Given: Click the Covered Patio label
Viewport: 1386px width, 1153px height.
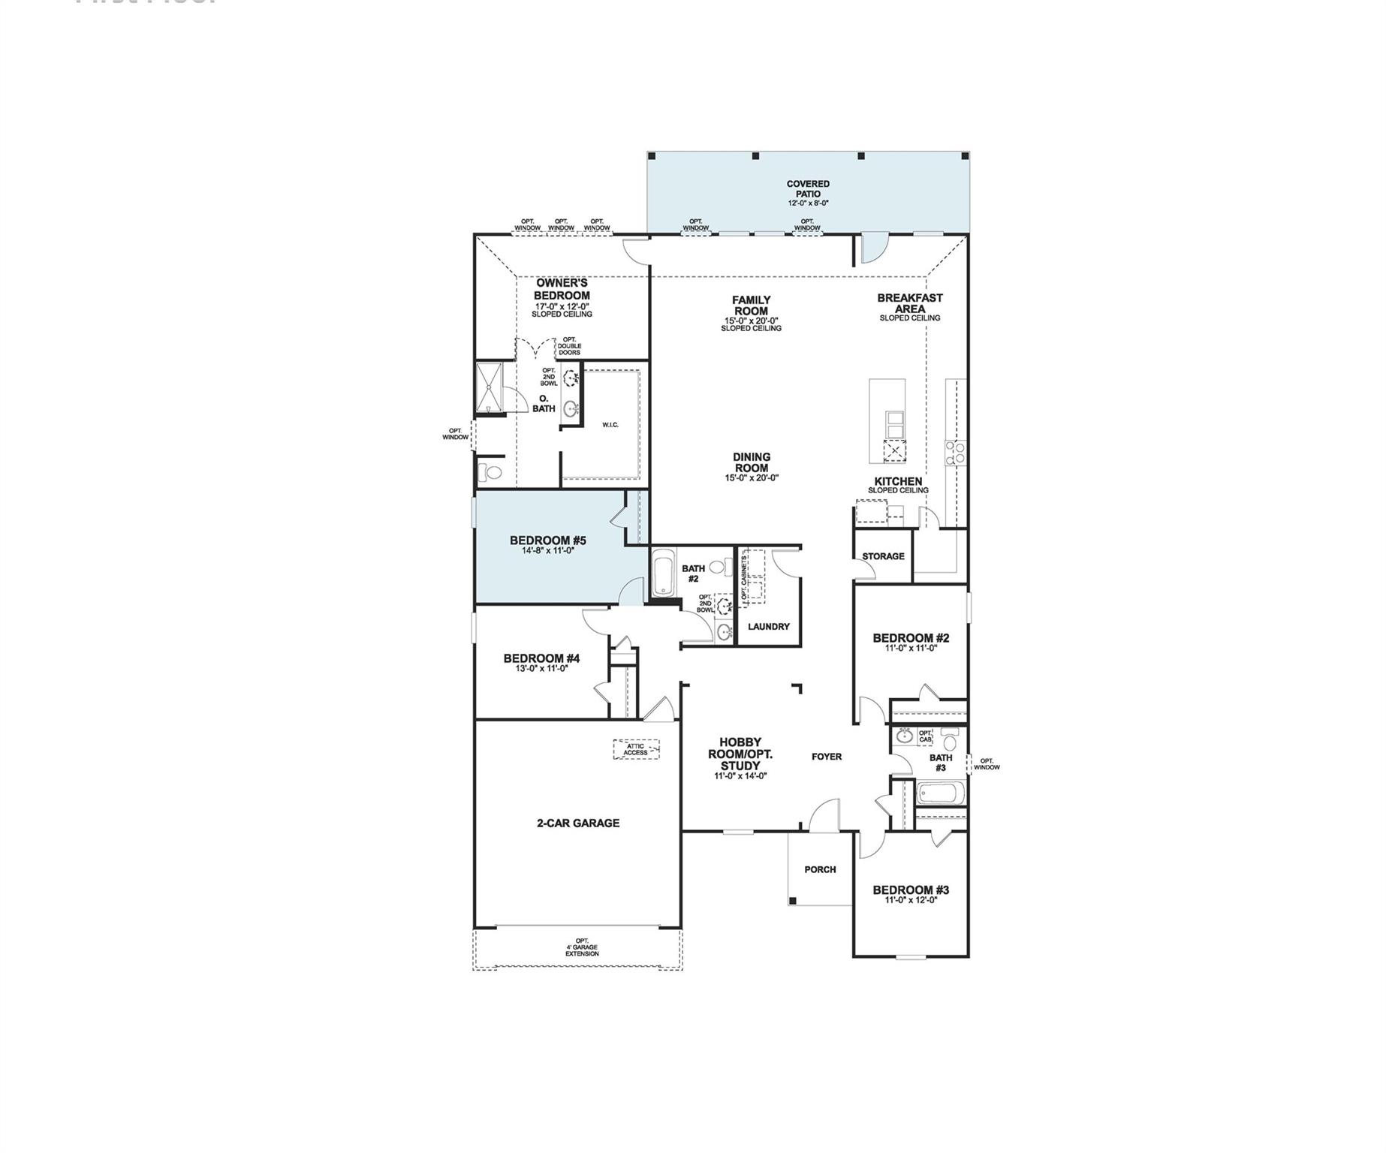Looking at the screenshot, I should (x=808, y=189).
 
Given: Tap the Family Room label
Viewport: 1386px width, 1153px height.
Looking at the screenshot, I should (x=751, y=306).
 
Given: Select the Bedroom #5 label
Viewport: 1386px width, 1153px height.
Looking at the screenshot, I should (x=547, y=540).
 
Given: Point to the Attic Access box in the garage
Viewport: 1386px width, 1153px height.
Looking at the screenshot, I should (x=636, y=749).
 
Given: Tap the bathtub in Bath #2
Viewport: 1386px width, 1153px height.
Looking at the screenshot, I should (x=663, y=573).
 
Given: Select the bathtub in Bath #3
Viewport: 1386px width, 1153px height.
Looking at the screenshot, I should (x=939, y=794).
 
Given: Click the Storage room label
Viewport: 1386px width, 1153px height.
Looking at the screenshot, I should (x=883, y=556).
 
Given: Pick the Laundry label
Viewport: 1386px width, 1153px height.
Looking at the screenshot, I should (x=768, y=626).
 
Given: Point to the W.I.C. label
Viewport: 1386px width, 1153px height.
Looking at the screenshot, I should (x=610, y=426).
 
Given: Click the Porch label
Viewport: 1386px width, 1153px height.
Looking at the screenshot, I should (x=820, y=869).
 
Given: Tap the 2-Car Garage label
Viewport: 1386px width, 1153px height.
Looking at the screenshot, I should (x=578, y=823).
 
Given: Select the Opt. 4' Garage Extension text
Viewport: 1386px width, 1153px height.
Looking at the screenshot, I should (x=582, y=947).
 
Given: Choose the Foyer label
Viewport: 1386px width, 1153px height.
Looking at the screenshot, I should (x=827, y=757).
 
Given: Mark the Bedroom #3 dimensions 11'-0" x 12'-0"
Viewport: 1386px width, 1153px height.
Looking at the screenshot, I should (x=911, y=899).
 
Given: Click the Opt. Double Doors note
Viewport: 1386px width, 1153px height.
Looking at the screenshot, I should (x=568, y=347).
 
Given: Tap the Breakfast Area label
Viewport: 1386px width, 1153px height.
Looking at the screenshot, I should (x=910, y=303).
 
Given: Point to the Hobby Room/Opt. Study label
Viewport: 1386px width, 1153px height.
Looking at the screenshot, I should (x=740, y=754).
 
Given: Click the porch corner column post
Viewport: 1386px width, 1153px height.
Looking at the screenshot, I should (x=791, y=901).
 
